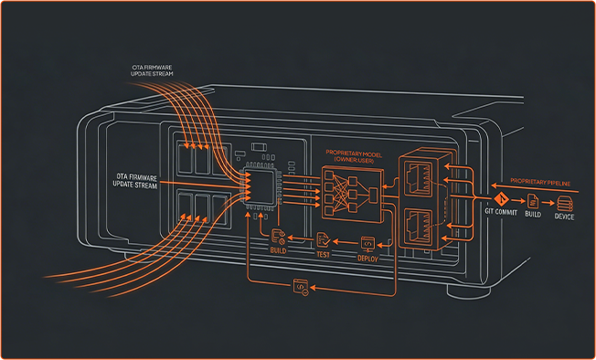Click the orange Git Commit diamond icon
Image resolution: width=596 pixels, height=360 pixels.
[503, 199]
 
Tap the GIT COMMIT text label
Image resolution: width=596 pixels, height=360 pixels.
[501, 212]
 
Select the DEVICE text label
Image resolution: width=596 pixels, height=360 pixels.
[564, 217]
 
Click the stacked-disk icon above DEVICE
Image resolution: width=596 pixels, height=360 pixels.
[564, 203]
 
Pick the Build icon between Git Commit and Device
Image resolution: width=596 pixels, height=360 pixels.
[533, 200]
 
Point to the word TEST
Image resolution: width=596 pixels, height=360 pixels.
[323, 254]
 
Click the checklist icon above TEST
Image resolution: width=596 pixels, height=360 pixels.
[323, 240]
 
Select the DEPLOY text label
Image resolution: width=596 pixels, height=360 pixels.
[368, 259]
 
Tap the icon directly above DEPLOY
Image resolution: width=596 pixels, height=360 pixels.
[368, 243]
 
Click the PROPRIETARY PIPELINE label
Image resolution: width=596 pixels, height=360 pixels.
[540, 182]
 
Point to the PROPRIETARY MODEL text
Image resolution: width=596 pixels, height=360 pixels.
[354, 154]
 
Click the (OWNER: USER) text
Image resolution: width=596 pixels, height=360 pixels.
[354, 161]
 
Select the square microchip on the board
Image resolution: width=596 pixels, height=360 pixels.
[261, 186]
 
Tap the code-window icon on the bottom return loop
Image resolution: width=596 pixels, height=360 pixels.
[301, 287]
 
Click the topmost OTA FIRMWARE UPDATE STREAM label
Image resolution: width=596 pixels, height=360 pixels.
[152, 70]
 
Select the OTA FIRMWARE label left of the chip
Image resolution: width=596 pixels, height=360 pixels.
[135, 181]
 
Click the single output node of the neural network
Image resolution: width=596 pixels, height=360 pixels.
[373, 195]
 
